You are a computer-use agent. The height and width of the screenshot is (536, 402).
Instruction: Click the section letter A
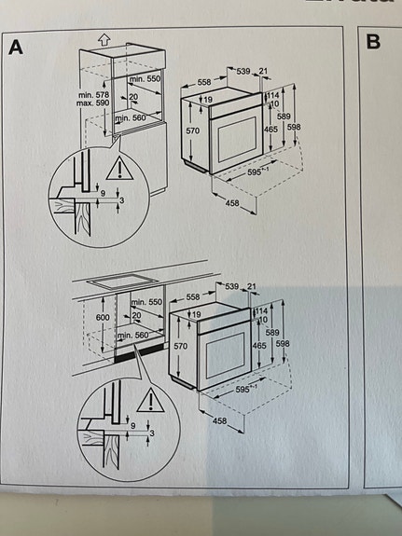click(16, 46)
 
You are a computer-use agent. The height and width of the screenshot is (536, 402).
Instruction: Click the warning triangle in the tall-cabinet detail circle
click(118, 169)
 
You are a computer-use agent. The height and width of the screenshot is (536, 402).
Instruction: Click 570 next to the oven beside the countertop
click(179, 345)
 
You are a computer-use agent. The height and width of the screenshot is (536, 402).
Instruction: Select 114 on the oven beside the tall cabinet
click(273, 94)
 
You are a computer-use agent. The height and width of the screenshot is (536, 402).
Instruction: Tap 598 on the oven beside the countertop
click(296, 343)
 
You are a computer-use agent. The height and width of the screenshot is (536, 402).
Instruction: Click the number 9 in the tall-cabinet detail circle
click(104, 193)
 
